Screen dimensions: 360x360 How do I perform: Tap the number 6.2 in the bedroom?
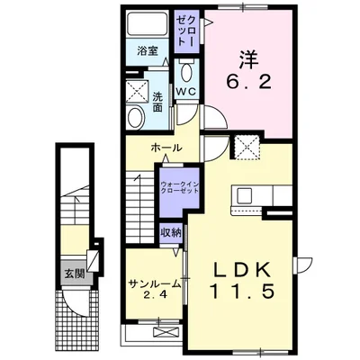tap(249, 82)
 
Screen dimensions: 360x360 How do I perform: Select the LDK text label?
tap(242, 271)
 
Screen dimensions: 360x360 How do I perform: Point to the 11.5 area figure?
tap(241, 291)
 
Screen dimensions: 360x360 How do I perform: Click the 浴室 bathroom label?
tap(147, 50)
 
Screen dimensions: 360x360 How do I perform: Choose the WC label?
tap(186, 92)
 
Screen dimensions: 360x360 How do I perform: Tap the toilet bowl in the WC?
tap(186, 72)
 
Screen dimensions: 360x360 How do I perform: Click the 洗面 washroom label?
tap(157, 102)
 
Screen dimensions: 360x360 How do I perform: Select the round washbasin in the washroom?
tap(134, 117)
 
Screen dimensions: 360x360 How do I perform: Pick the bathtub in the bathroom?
tap(147, 23)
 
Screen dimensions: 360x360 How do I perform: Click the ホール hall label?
tap(166, 148)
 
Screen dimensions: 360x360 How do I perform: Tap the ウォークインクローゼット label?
tap(179, 187)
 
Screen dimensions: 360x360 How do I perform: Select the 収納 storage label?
tap(171, 233)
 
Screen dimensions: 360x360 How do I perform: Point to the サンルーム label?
tap(154, 283)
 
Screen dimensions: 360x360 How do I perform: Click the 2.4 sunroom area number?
tap(154, 295)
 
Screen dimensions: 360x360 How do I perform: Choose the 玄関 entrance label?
tap(75, 274)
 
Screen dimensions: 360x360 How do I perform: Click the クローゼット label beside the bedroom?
tap(186, 31)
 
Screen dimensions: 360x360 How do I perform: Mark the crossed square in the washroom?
tap(137, 91)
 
